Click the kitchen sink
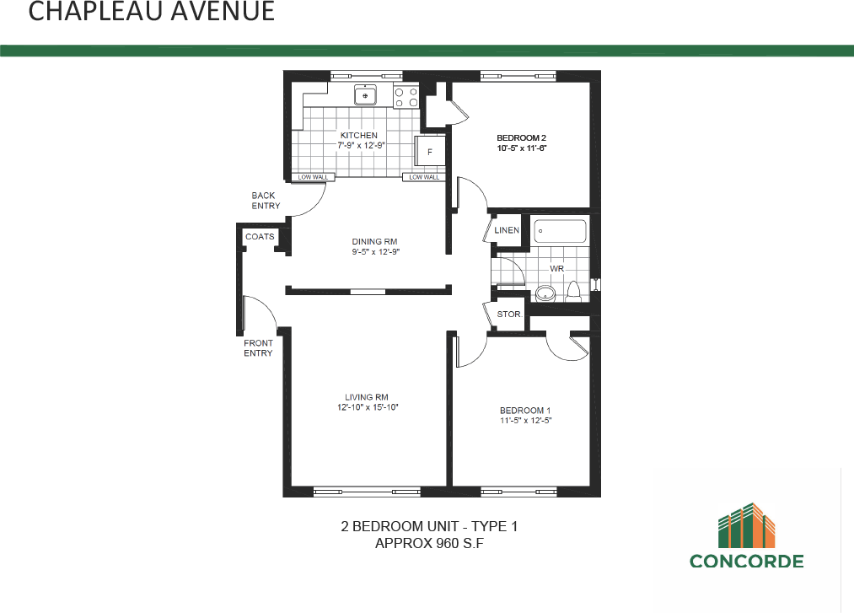click(x=365, y=95)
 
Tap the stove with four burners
click(x=406, y=97)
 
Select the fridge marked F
click(x=430, y=153)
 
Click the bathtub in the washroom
click(x=561, y=232)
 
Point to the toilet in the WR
click(x=575, y=291)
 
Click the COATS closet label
click(x=260, y=237)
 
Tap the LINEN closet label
click(x=507, y=230)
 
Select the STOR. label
click(x=509, y=315)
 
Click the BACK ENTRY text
click(x=266, y=201)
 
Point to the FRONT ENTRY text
click(x=258, y=348)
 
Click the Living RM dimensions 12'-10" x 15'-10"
click(x=367, y=407)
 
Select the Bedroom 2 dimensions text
click(x=522, y=148)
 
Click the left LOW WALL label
click(x=313, y=177)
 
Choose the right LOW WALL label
click(x=424, y=177)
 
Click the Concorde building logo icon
click(x=747, y=524)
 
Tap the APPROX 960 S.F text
click(x=429, y=544)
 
